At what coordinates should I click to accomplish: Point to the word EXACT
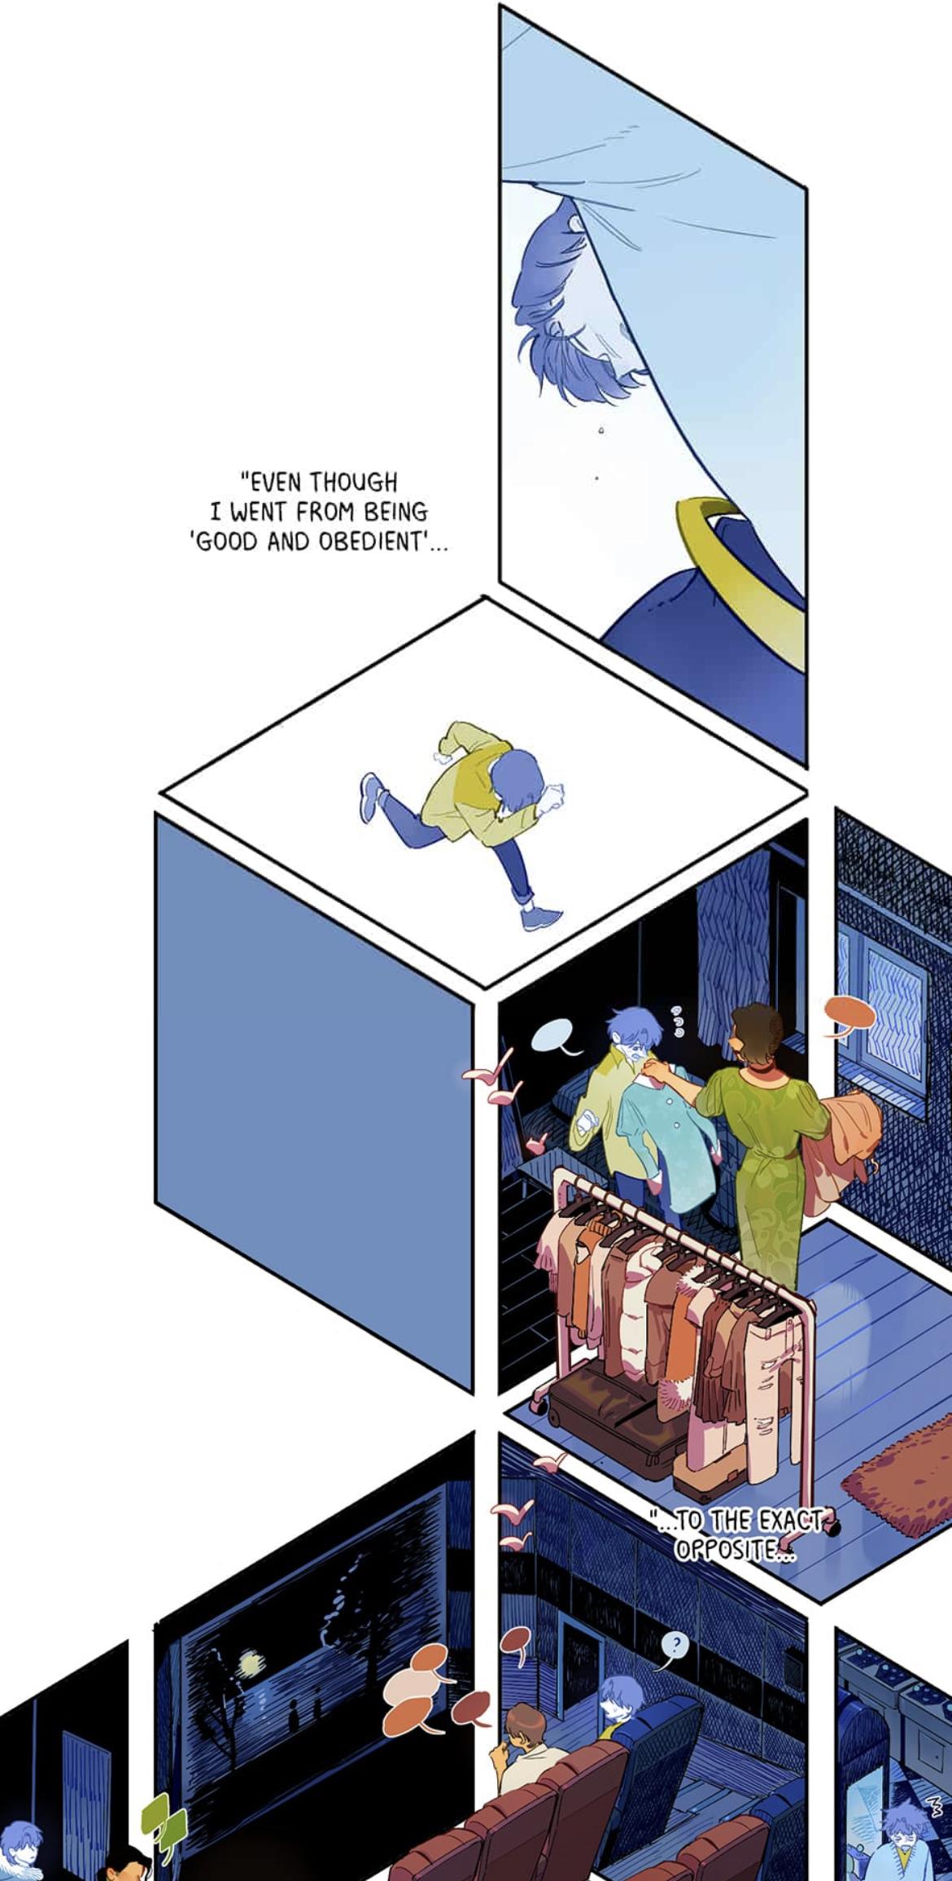click(791, 1520)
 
